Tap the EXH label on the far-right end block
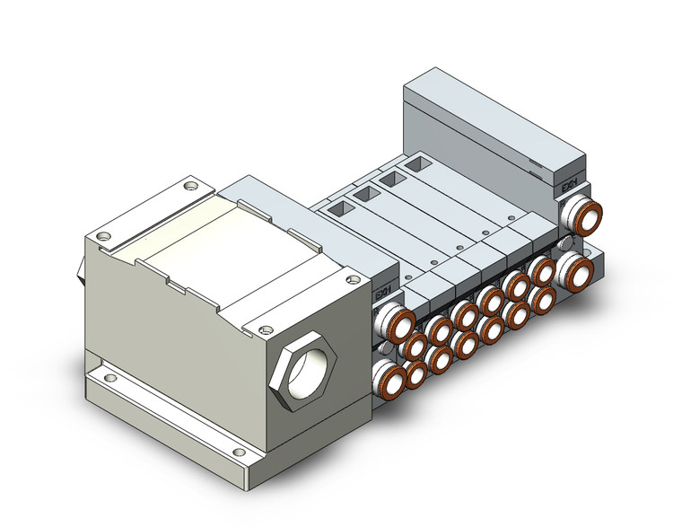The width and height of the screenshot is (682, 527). point(568,186)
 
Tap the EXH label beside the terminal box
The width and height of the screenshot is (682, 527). point(381,294)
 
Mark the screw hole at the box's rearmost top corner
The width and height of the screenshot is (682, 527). point(188,187)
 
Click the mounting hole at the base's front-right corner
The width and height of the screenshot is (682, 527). point(238,452)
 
